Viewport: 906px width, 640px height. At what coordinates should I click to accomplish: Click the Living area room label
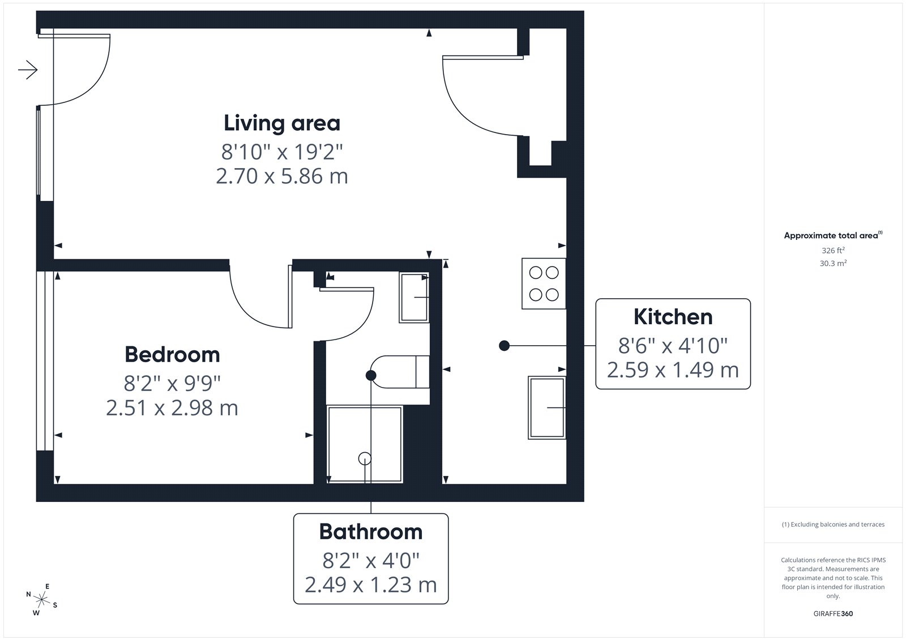[x=282, y=123]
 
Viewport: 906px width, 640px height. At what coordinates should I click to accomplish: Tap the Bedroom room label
[x=172, y=355]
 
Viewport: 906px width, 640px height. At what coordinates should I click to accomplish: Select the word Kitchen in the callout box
[x=673, y=316]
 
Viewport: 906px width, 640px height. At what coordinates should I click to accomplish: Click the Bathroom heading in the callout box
[x=371, y=532]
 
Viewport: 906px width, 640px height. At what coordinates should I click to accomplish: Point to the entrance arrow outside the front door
[x=28, y=70]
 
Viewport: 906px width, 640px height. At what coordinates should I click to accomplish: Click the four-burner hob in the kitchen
[x=544, y=284]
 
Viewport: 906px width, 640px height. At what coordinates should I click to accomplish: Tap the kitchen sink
[x=547, y=407]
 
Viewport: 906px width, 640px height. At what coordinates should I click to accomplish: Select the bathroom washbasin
[x=414, y=297]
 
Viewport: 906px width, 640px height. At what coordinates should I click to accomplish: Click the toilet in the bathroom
[x=400, y=372]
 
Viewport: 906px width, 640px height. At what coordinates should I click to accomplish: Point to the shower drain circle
[x=365, y=458]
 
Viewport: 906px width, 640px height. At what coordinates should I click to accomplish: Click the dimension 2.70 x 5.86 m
[x=282, y=177]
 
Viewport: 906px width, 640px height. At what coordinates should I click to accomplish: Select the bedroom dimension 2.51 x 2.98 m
[x=172, y=408]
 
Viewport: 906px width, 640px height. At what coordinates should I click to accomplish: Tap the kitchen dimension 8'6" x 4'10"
[x=673, y=346]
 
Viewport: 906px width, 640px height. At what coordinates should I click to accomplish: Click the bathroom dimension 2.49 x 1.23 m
[x=371, y=585]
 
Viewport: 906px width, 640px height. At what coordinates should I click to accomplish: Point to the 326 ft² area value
[x=833, y=250]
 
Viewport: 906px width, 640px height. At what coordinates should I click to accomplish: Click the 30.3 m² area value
[x=833, y=263]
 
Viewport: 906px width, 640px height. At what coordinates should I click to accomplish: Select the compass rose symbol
[x=42, y=599]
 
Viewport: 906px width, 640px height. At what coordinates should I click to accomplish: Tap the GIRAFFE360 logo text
[x=833, y=613]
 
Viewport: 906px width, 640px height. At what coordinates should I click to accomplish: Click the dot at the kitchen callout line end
[x=504, y=346]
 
